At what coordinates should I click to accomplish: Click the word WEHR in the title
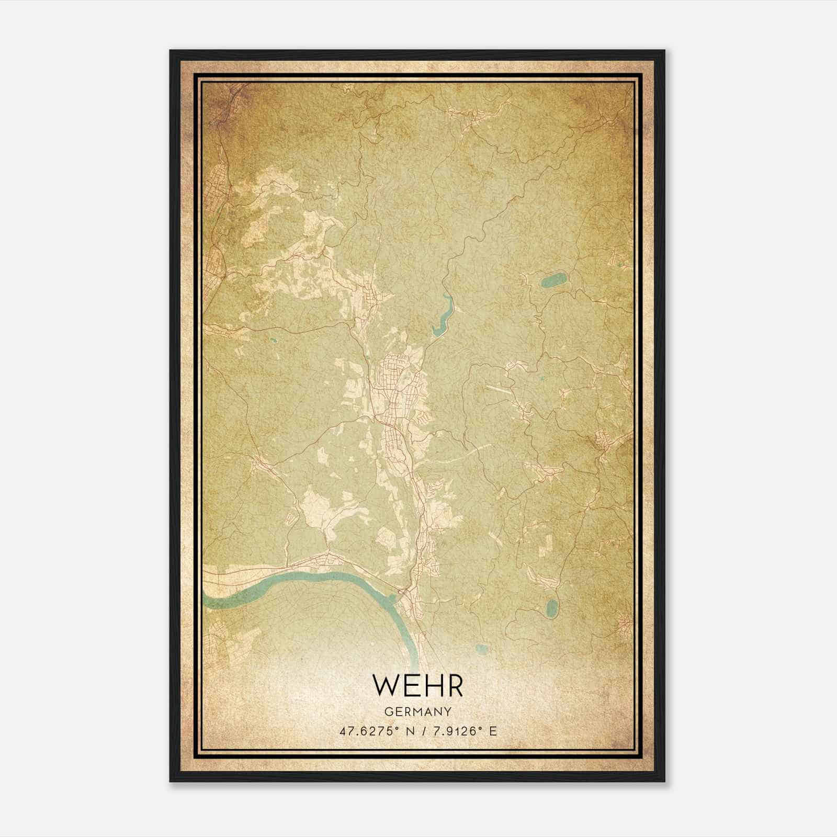(x=418, y=685)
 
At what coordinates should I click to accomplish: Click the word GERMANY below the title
(x=418, y=711)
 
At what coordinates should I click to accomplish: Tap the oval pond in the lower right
(x=552, y=607)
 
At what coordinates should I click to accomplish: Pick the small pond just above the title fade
(x=482, y=649)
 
